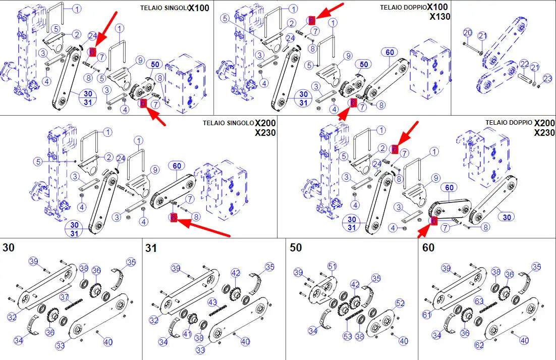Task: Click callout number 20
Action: [x=468, y=33]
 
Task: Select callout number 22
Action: [x=525, y=64]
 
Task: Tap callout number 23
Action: [x=548, y=78]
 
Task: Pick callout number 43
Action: [x=213, y=302]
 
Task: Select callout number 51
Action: [x=332, y=266]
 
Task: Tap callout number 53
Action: [x=347, y=337]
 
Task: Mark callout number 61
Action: [x=427, y=315]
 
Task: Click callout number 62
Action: [x=479, y=345]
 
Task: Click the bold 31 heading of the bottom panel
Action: [x=151, y=248]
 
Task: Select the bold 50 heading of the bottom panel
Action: [x=296, y=248]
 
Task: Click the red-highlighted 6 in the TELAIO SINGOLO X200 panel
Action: [x=174, y=218]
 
